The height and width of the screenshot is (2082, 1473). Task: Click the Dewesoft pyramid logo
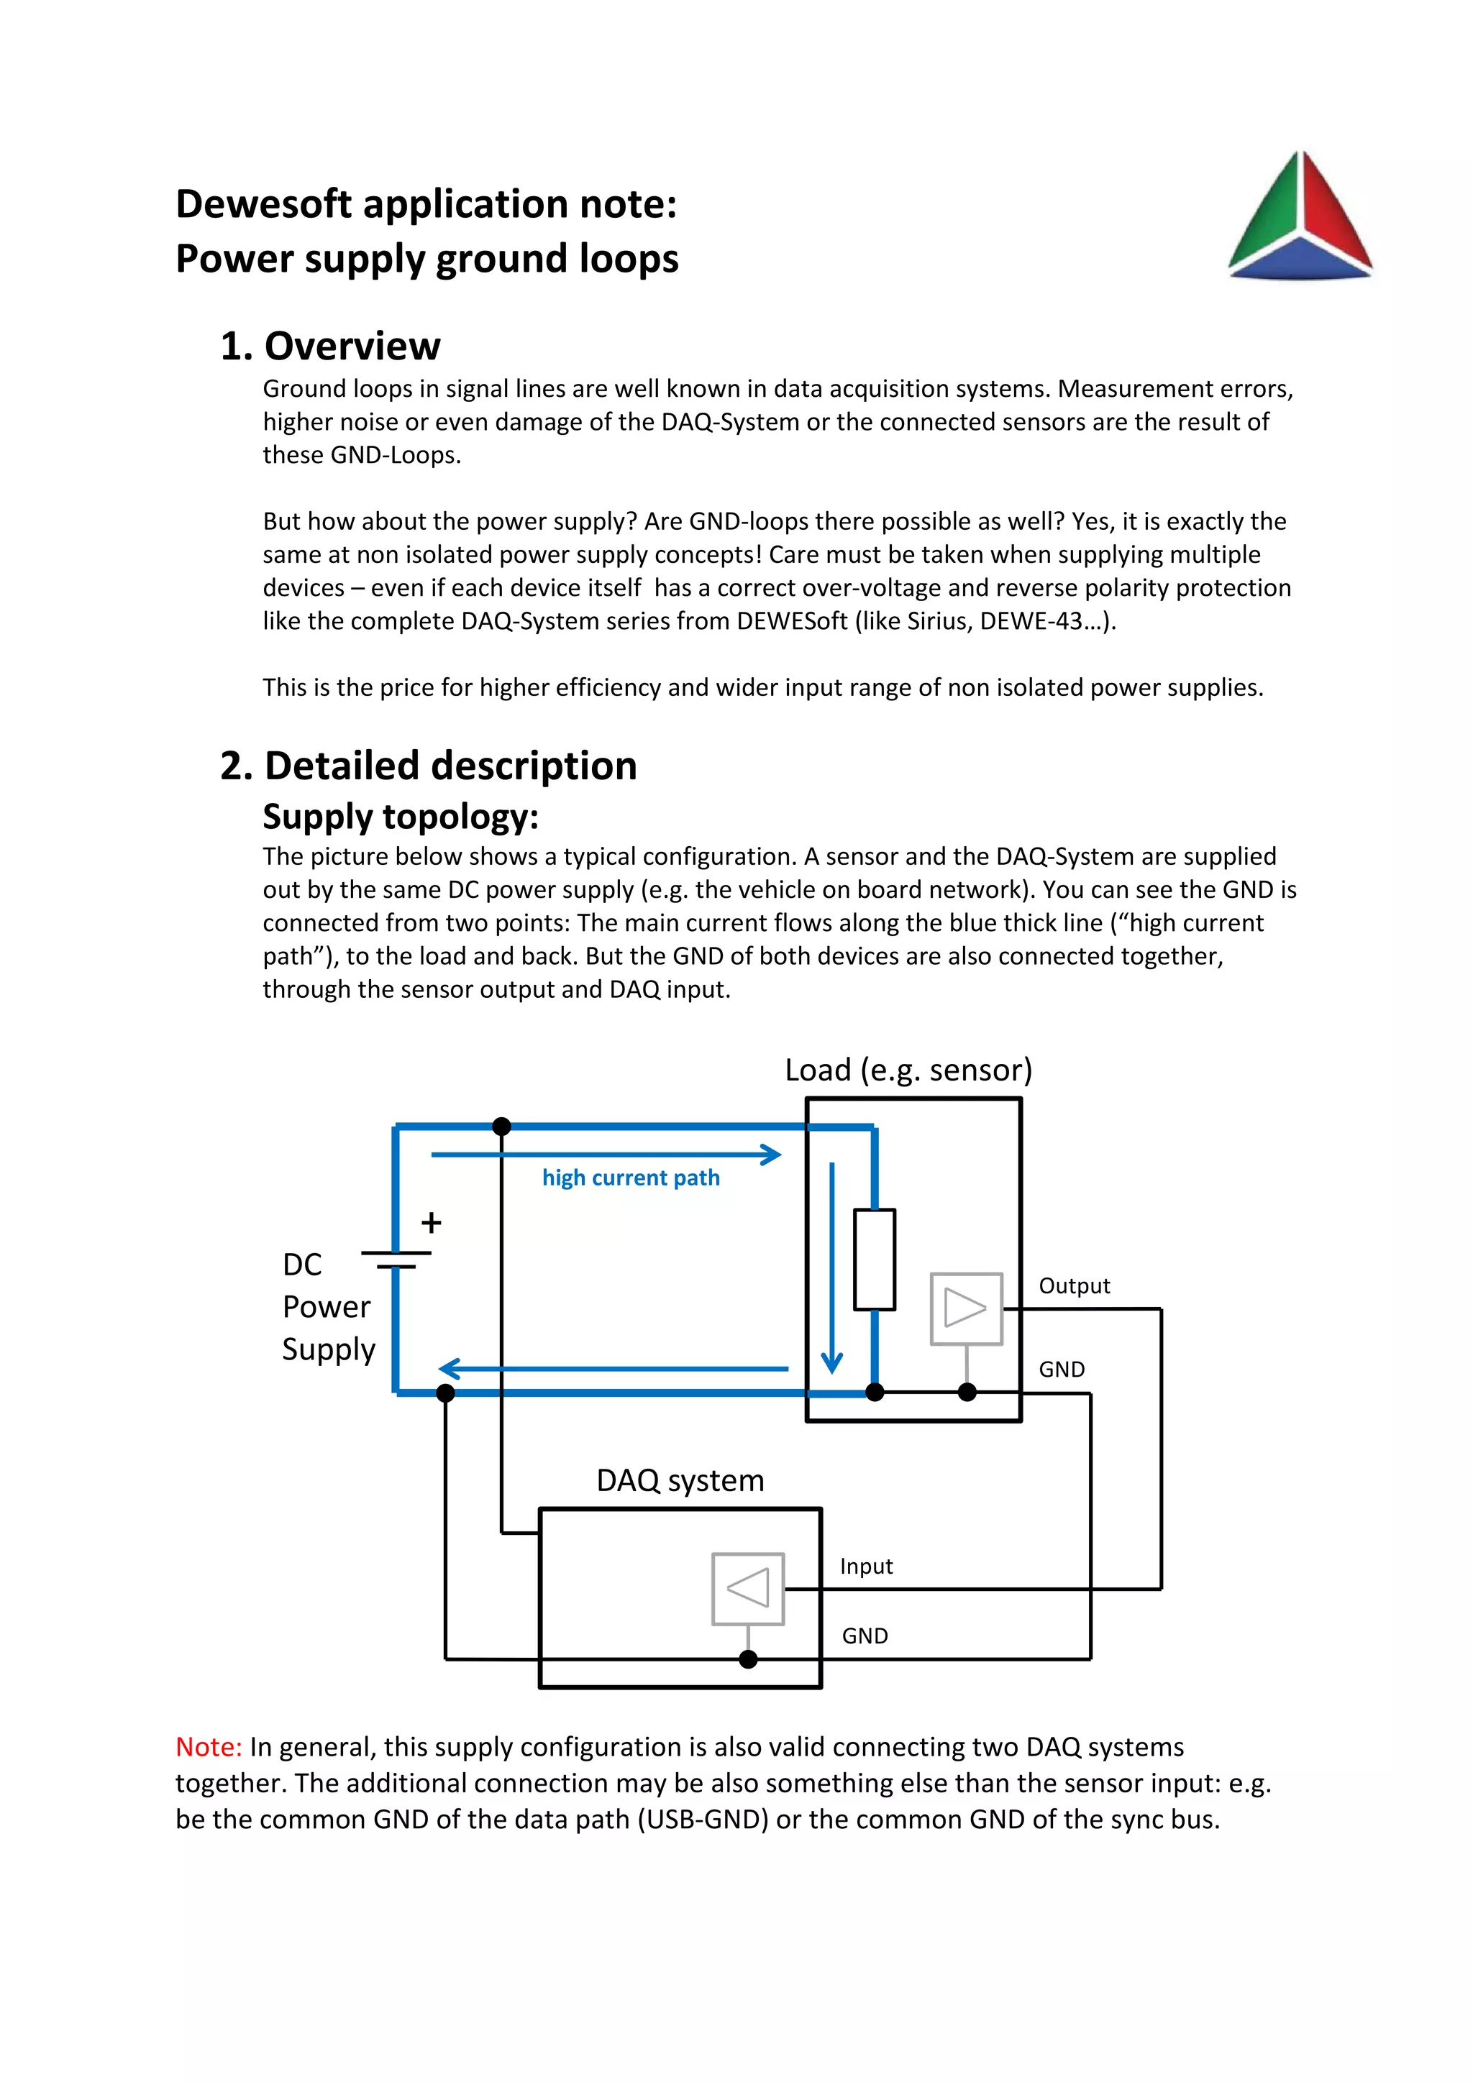[x=1300, y=218]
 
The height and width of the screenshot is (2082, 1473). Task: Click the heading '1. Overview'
[x=330, y=347]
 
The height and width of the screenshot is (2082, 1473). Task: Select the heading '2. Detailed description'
[x=428, y=766]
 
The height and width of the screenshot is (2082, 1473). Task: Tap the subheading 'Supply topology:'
[x=400, y=817]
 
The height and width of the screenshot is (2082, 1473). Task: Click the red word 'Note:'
[x=209, y=1748]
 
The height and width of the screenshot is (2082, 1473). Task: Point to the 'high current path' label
[x=630, y=1178]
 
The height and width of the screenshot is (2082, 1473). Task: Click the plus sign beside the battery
[x=432, y=1224]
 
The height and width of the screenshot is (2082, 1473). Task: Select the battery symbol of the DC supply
[x=396, y=1260]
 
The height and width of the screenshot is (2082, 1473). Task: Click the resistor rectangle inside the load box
[x=875, y=1260]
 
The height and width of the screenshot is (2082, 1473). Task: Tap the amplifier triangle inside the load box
[x=966, y=1308]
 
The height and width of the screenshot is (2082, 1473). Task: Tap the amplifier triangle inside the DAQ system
[x=748, y=1589]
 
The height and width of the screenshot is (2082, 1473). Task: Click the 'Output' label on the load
[x=1074, y=1286]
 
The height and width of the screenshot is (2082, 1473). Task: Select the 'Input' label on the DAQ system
[x=866, y=1566]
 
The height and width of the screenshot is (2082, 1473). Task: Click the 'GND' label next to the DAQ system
[x=865, y=1636]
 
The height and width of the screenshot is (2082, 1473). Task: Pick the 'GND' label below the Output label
[x=1061, y=1370]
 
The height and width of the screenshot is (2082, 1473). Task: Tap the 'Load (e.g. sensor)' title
[x=908, y=1070]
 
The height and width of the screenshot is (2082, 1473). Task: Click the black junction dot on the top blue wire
[x=501, y=1127]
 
